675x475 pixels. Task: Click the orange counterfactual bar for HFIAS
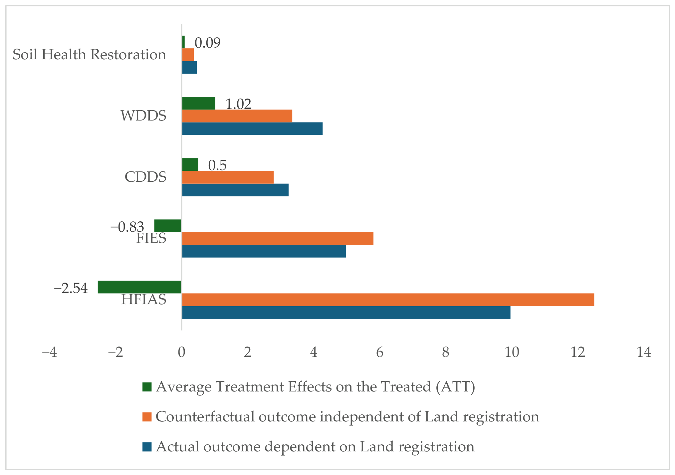click(x=388, y=300)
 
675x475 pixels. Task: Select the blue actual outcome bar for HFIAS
click(x=346, y=312)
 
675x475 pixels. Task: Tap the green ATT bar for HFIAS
click(x=139, y=287)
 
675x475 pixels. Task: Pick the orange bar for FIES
click(x=278, y=238)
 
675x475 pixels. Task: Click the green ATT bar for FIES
click(x=168, y=226)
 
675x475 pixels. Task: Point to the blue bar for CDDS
click(x=235, y=190)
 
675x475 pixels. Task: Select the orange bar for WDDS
click(x=237, y=116)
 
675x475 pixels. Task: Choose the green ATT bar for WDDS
click(x=199, y=103)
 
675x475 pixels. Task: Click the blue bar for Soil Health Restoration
click(x=189, y=67)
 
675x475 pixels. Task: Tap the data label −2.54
click(x=71, y=288)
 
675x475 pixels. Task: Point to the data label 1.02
click(x=238, y=104)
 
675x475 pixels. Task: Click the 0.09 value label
click(x=208, y=43)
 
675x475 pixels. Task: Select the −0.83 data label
click(x=127, y=227)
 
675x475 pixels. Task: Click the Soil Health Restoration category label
click(x=89, y=55)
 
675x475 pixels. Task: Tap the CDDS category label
click(x=145, y=177)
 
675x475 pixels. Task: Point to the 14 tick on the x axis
click(x=644, y=352)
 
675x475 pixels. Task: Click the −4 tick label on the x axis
click(x=50, y=352)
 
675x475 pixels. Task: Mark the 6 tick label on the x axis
click(x=380, y=352)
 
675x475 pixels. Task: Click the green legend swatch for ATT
click(x=147, y=387)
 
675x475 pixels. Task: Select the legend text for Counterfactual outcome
click(x=347, y=417)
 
